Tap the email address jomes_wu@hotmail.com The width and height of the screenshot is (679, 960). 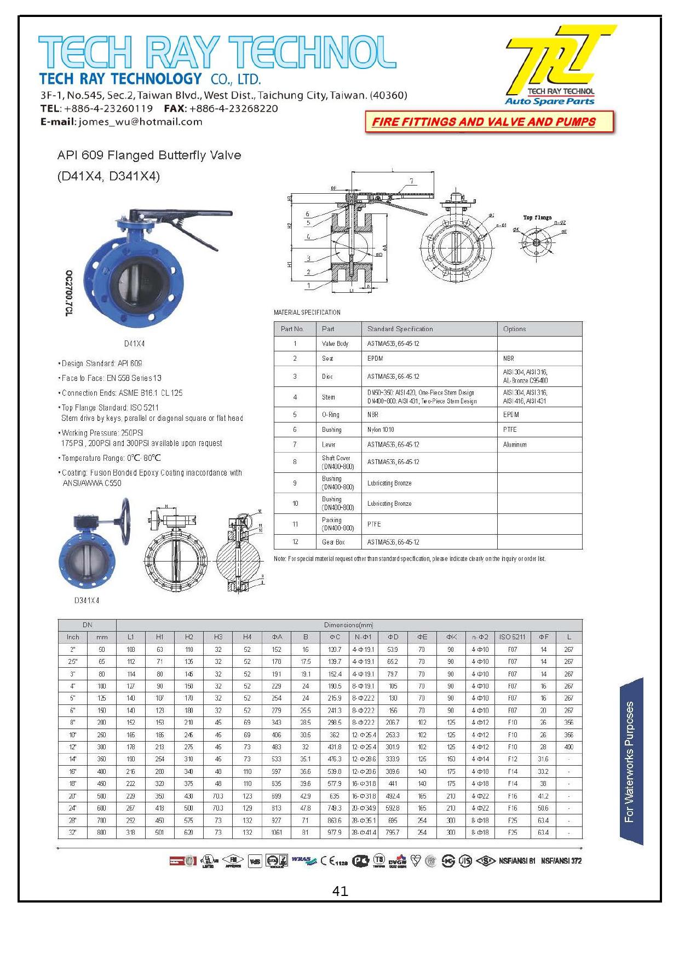click(140, 122)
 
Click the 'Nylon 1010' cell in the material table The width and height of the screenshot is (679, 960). click(381, 430)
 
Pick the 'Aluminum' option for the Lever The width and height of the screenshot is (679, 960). click(515, 444)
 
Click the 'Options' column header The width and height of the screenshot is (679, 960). click(514, 329)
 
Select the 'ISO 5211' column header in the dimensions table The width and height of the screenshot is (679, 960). click(512, 637)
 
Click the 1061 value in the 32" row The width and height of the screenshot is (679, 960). click(277, 832)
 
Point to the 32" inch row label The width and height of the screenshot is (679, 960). click(73, 832)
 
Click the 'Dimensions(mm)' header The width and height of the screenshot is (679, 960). click(348, 624)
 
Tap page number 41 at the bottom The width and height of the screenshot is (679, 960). click(340, 891)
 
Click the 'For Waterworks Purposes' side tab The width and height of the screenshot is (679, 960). click(630, 761)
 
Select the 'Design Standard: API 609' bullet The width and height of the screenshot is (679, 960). click(102, 363)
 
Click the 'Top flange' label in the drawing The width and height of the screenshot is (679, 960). click(537, 218)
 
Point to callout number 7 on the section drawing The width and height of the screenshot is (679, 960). click(411, 181)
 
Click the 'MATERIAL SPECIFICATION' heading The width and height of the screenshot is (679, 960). click(307, 313)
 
